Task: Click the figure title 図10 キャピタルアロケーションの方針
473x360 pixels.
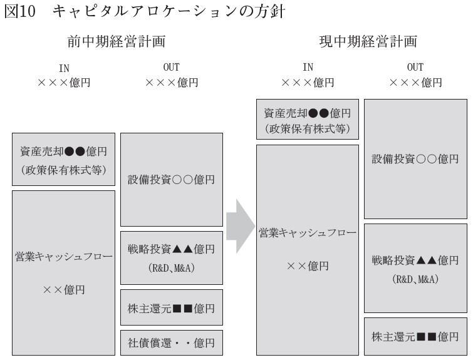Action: click(x=145, y=11)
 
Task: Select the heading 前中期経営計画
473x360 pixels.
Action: click(x=117, y=41)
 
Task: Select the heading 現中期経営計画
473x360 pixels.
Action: click(x=368, y=41)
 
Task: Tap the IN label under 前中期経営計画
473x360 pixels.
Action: click(x=64, y=68)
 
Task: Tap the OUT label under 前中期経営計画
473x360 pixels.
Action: click(x=171, y=67)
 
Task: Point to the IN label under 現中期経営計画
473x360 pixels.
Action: click(x=308, y=67)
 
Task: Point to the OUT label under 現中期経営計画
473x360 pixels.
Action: click(x=415, y=67)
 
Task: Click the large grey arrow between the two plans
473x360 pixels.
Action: click(x=241, y=226)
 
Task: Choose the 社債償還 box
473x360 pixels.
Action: click(x=172, y=342)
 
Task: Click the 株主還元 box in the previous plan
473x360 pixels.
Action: click(x=172, y=307)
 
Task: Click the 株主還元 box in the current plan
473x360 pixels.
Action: click(x=415, y=336)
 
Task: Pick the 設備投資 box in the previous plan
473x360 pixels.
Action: click(x=172, y=180)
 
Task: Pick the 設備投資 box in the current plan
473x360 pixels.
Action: click(x=415, y=159)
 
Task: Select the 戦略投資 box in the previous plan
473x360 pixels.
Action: click(x=172, y=258)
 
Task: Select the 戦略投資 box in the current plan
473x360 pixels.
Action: click(x=415, y=269)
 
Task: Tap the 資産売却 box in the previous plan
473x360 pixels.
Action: click(x=63, y=159)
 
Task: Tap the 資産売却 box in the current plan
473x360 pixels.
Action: click(x=308, y=120)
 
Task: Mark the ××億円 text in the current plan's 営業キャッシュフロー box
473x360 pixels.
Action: click(x=308, y=266)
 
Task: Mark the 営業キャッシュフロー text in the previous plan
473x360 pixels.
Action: click(x=64, y=257)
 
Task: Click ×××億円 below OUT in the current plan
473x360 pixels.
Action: click(x=415, y=83)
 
